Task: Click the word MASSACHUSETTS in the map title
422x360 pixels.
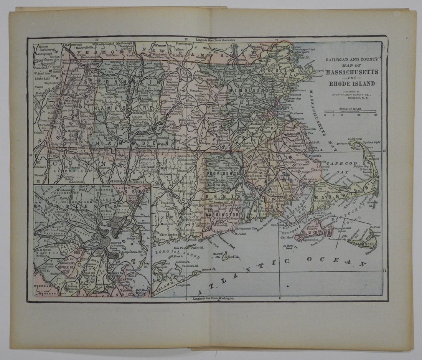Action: pos(352,72)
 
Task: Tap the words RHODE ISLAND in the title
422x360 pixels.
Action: pos(352,83)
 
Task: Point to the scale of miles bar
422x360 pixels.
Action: pos(350,111)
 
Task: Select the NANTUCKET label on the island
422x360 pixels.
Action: pos(366,244)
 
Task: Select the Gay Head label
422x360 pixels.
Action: pos(288,238)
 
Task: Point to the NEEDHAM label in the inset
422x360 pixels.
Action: pos(43,286)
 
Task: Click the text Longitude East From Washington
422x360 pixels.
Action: pos(213,298)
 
